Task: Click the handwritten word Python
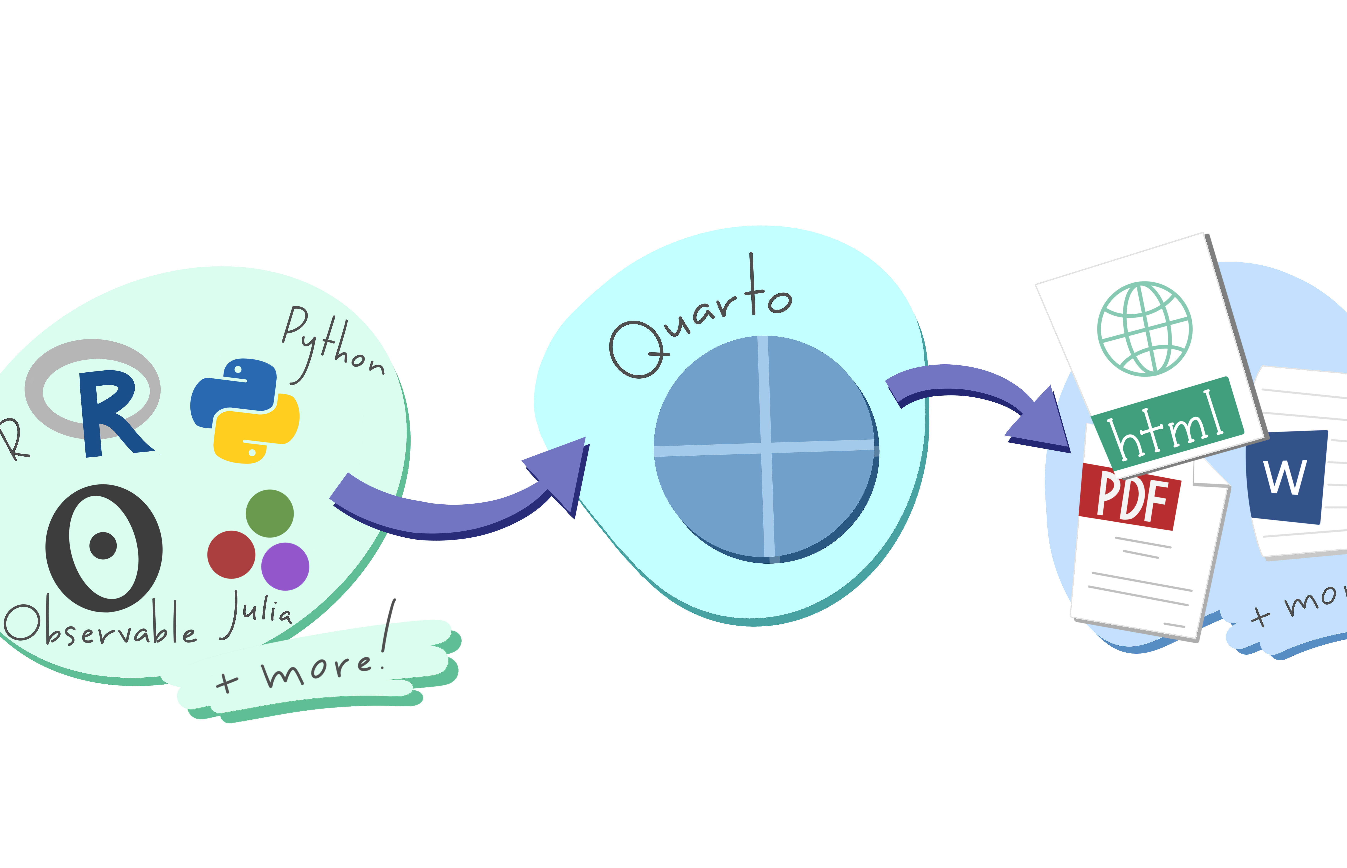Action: [x=332, y=344]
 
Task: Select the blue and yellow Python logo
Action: [x=245, y=410]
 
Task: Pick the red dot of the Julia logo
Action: [x=231, y=555]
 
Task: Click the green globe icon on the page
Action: [x=1144, y=329]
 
